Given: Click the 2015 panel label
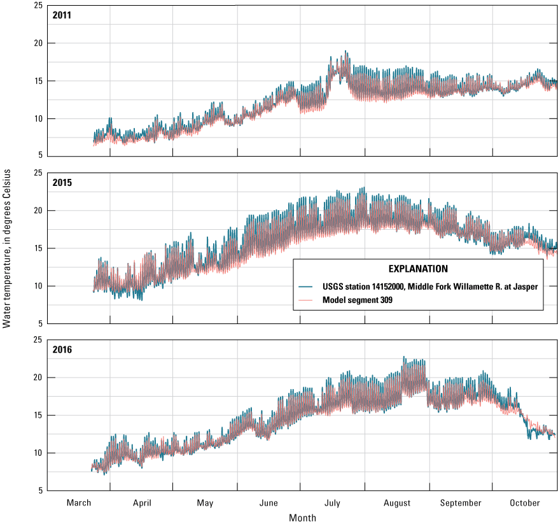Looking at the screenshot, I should pos(63,183).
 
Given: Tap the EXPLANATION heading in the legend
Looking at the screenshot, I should pos(418,269).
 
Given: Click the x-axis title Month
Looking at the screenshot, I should pos(302,518).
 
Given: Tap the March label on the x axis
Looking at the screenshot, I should pos(79,503).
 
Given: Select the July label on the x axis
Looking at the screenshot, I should pos(333,503).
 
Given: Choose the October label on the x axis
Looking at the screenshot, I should pos(525,503).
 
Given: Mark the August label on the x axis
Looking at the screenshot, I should pos(397,503).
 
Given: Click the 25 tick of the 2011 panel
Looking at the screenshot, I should pos(39,6).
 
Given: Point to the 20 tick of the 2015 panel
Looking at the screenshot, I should pos(39,211).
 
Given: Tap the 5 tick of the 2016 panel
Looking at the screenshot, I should pos(42,490).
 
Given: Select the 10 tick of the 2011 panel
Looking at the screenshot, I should pos(39,118).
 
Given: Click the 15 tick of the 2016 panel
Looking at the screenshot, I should pos(39,415).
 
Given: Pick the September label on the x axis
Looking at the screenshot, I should pos(461,503).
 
